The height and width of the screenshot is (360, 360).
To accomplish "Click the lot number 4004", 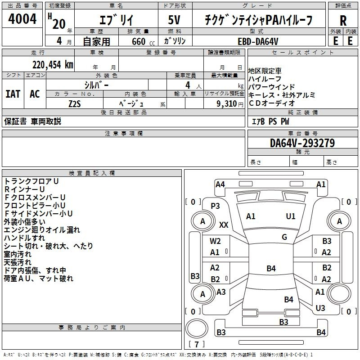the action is [x=22, y=18].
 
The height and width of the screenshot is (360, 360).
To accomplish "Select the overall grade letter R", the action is [x=343, y=21].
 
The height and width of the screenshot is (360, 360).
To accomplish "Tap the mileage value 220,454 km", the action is [x=53, y=65].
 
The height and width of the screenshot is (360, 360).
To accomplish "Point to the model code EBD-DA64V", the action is [x=258, y=41].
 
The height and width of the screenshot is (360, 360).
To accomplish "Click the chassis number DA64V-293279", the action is [x=302, y=143].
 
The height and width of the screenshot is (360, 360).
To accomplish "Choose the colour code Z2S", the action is [x=75, y=104].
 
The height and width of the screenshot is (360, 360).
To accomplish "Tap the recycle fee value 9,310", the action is [x=227, y=104].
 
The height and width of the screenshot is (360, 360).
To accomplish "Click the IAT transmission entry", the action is [x=13, y=94].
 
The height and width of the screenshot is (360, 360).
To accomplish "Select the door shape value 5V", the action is [x=174, y=20].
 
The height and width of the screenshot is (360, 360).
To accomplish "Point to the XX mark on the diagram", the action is [x=224, y=225].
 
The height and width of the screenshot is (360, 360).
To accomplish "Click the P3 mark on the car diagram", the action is [x=215, y=206].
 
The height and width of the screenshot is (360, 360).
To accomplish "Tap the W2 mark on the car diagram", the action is [x=215, y=241].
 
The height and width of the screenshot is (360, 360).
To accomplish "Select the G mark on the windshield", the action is [x=284, y=237].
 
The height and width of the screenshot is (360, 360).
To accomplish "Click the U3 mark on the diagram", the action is [x=320, y=308].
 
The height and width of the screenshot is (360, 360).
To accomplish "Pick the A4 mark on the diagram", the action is [x=220, y=184].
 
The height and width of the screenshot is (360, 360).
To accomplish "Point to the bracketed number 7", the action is [x=197, y=344].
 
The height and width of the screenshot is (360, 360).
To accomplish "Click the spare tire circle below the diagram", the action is [x=197, y=328].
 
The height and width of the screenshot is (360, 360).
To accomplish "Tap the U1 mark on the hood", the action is [x=290, y=216].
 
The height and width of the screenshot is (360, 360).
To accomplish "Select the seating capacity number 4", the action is [x=188, y=85].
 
